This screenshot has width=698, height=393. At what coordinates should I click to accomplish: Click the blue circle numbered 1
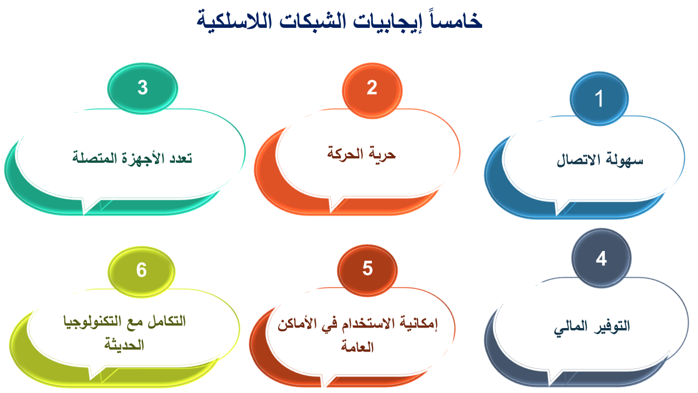coord(599,99)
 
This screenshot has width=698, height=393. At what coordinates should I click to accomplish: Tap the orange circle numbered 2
coord(372,91)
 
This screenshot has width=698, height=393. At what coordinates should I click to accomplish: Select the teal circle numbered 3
coord(143,88)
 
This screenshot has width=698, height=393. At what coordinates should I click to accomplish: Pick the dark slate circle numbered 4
coord(601,258)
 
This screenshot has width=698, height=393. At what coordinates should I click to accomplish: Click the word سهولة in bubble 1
coord(624,160)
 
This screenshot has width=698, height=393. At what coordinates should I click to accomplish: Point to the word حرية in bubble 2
coord(382,154)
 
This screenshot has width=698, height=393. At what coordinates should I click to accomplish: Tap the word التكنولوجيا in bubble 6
coord(88,321)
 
